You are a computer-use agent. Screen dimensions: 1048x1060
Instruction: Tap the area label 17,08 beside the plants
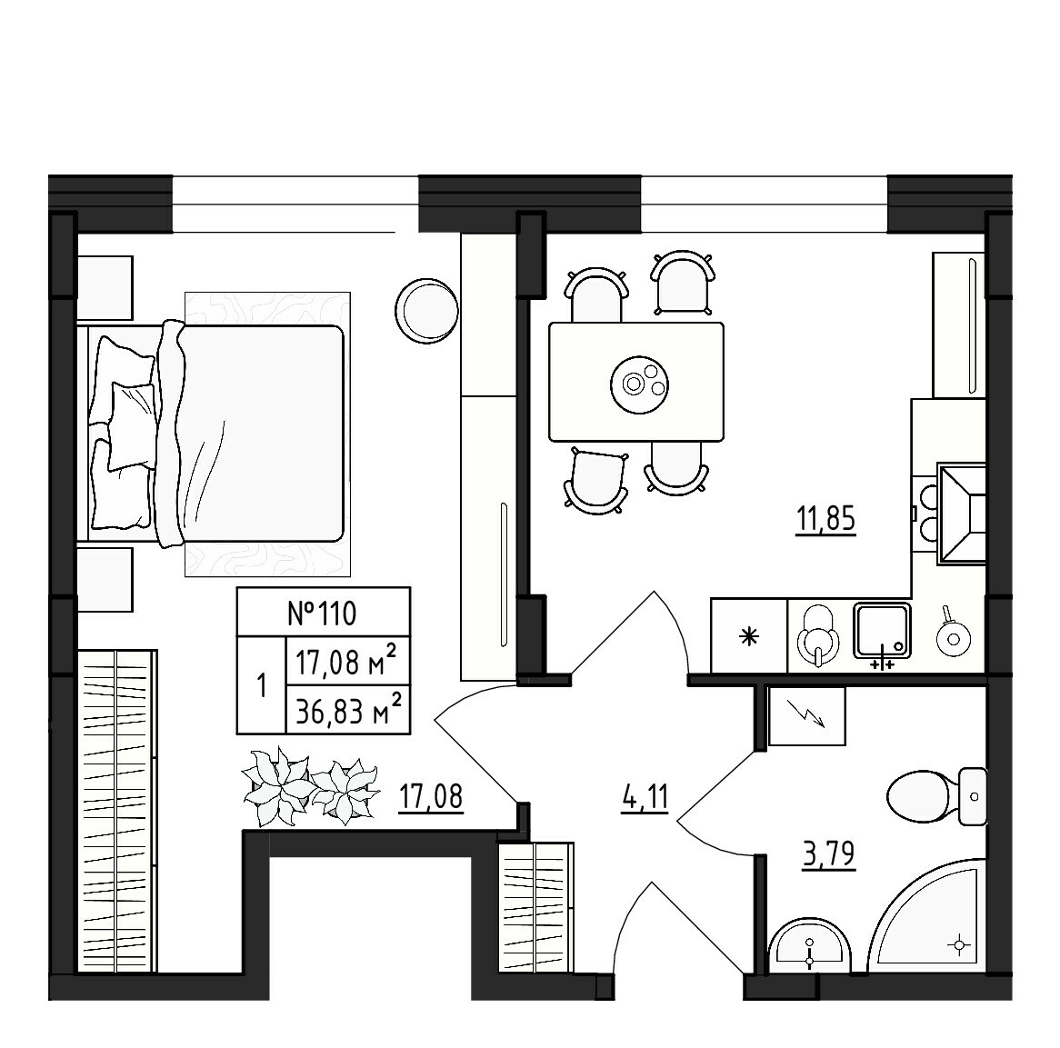point(431,797)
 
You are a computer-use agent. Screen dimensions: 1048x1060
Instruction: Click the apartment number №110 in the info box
point(323,613)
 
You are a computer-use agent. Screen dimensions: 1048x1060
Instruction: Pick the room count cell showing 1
point(261,685)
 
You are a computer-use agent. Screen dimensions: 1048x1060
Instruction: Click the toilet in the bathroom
point(932,797)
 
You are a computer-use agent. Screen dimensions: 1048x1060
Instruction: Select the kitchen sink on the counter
point(881,631)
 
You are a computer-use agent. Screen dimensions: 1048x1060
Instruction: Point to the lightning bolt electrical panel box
point(806,715)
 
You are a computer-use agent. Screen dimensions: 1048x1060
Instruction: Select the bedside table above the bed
point(105,287)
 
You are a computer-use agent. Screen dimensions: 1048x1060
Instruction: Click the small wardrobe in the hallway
point(535,909)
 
